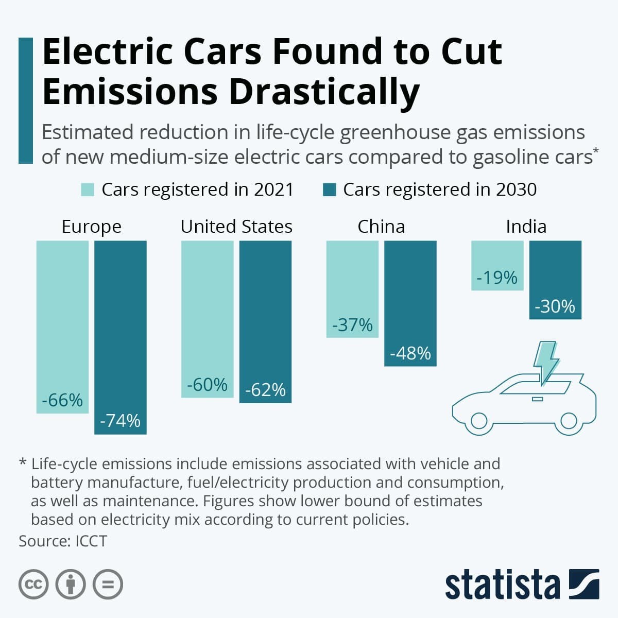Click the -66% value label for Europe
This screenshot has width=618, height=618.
[x=62, y=400]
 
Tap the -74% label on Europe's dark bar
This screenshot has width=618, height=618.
[x=120, y=421]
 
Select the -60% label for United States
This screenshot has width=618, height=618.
[x=207, y=384]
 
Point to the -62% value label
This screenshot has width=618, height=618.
[x=265, y=389]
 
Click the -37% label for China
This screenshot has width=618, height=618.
[x=352, y=325]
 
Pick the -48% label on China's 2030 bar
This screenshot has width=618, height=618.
[x=410, y=353]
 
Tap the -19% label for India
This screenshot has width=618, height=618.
[x=497, y=278]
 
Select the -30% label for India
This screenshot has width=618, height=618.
[x=555, y=306]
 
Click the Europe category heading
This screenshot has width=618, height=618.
[x=91, y=227]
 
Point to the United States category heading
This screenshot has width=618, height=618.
[x=236, y=227]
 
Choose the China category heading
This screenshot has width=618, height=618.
[x=381, y=227]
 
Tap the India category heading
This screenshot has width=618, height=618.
[x=526, y=227]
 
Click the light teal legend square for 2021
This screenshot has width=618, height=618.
[x=88, y=190]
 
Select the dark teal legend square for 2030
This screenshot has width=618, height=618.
[x=329, y=190]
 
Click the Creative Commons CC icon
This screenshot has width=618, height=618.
[x=33, y=585]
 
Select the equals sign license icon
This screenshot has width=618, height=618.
[x=108, y=585]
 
